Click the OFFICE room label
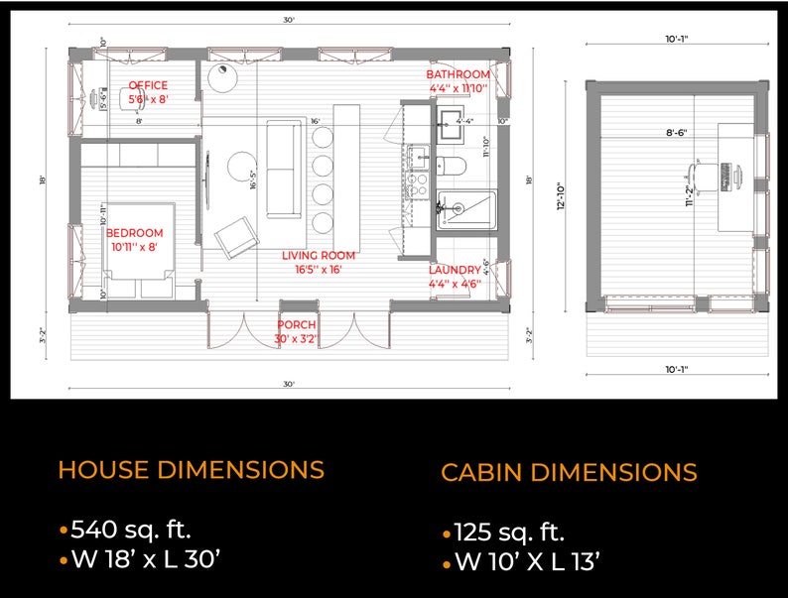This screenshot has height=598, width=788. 148,86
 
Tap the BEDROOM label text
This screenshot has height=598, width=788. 134,233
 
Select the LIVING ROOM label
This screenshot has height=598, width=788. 319,256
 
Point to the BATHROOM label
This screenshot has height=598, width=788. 458,74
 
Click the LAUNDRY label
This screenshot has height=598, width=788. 455,270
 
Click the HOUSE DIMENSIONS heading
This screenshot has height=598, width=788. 191,469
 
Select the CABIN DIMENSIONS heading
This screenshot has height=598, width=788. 569,472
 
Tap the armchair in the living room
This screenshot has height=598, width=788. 237,236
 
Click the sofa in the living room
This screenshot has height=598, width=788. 283,169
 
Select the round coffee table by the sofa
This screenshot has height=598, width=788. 243,166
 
